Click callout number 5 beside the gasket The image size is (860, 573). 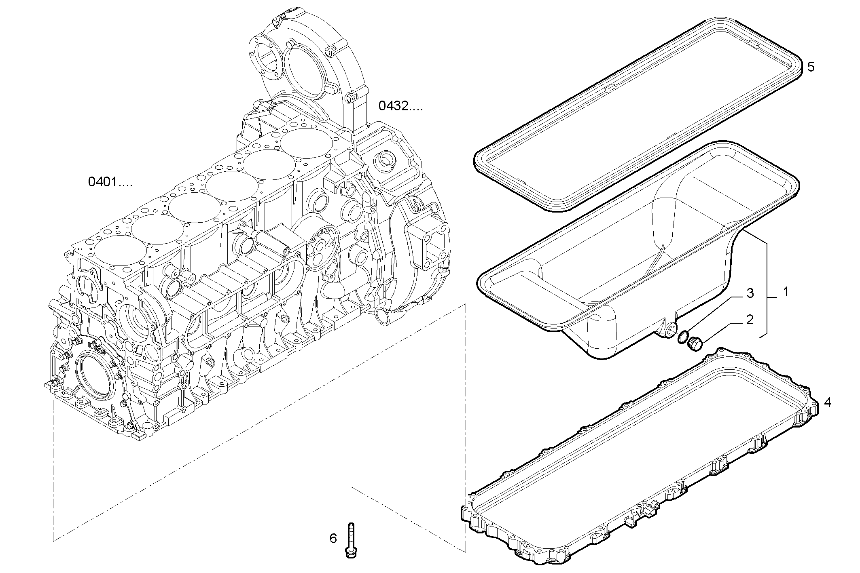pyautogui.click(x=810, y=67)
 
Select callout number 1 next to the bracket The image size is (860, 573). pyautogui.click(x=786, y=292)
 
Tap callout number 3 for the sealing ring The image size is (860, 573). pyautogui.click(x=750, y=294)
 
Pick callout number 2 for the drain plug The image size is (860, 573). pyautogui.click(x=750, y=320)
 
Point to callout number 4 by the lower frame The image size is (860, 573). pyautogui.click(x=828, y=402)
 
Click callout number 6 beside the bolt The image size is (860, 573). pyautogui.click(x=333, y=538)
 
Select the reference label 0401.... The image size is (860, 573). pyautogui.click(x=110, y=182)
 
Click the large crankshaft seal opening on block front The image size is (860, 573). pyautogui.click(x=95, y=374)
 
